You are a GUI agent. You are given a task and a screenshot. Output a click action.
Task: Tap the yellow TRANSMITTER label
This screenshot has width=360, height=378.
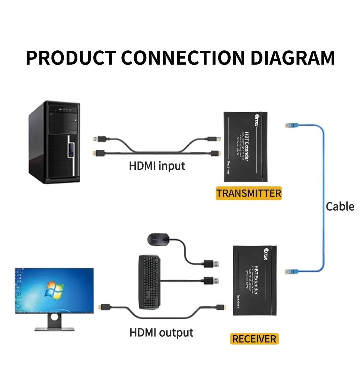coord(248,193)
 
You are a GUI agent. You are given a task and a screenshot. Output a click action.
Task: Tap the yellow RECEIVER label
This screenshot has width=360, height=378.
coord(254,339)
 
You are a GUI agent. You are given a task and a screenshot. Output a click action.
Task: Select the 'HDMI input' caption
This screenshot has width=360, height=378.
coord(157,166)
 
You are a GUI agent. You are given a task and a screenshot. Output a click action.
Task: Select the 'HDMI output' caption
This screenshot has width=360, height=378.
coord(161,333)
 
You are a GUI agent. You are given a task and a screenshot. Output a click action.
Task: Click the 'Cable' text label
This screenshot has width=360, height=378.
coord(340,206)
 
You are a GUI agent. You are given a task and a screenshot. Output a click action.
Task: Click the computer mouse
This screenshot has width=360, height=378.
coord(159,239)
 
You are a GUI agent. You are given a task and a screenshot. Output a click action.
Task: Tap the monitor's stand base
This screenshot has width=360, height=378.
coord(54,328)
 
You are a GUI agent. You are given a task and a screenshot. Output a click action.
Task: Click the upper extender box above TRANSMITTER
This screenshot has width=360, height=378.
coord(246,146)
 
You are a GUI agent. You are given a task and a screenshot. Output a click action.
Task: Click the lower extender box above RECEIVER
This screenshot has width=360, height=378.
coord(255,281)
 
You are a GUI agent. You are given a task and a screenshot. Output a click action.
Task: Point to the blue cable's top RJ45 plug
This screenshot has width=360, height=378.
coord(290,126)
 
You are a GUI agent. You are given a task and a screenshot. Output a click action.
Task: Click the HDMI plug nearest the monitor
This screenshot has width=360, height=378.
coord(105,308)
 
